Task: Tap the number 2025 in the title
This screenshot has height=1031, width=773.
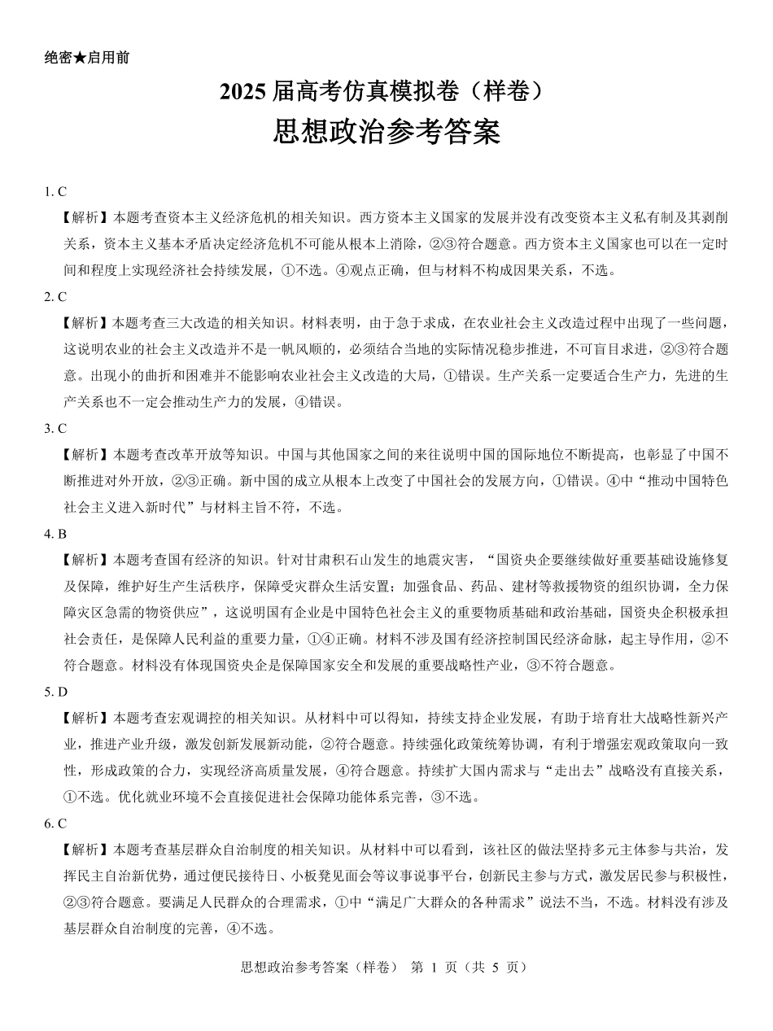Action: click(242, 94)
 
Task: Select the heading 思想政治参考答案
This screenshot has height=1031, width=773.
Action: click(386, 133)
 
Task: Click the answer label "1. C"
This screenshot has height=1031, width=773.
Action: click(55, 192)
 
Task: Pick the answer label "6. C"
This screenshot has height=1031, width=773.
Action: click(55, 823)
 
